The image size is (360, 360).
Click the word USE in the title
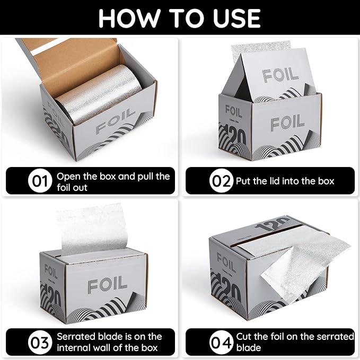236,19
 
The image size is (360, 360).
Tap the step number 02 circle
221,181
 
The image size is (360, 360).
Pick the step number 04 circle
221,343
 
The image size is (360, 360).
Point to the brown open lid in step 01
69,64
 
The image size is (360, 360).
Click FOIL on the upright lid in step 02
280,74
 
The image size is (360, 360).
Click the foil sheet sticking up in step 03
92,229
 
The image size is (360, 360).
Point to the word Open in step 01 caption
68,177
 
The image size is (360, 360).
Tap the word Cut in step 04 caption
244,337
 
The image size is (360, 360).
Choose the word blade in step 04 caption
249,348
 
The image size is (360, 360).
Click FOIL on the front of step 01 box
116,120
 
